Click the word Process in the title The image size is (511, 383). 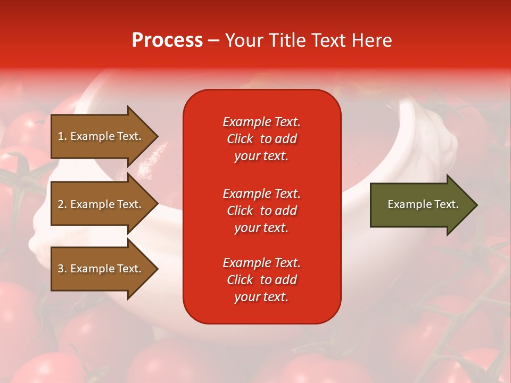[x=167, y=40]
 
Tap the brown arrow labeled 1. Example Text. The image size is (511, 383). [x=101, y=136]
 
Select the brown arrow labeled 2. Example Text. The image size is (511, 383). [x=101, y=204]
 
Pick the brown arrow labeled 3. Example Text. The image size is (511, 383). [x=101, y=269]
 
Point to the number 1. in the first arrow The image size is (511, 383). [x=62, y=136]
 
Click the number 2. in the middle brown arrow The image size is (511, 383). [x=62, y=204]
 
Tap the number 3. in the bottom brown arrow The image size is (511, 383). [x=62, y=269]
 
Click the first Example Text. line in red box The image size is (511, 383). [x=261, y=122]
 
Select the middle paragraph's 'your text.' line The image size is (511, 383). [x=261, y=228]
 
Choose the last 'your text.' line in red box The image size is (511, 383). [x=261, y=297]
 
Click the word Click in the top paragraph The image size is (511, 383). [x=240, y=139]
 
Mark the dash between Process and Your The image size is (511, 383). [x=214, y=40]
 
